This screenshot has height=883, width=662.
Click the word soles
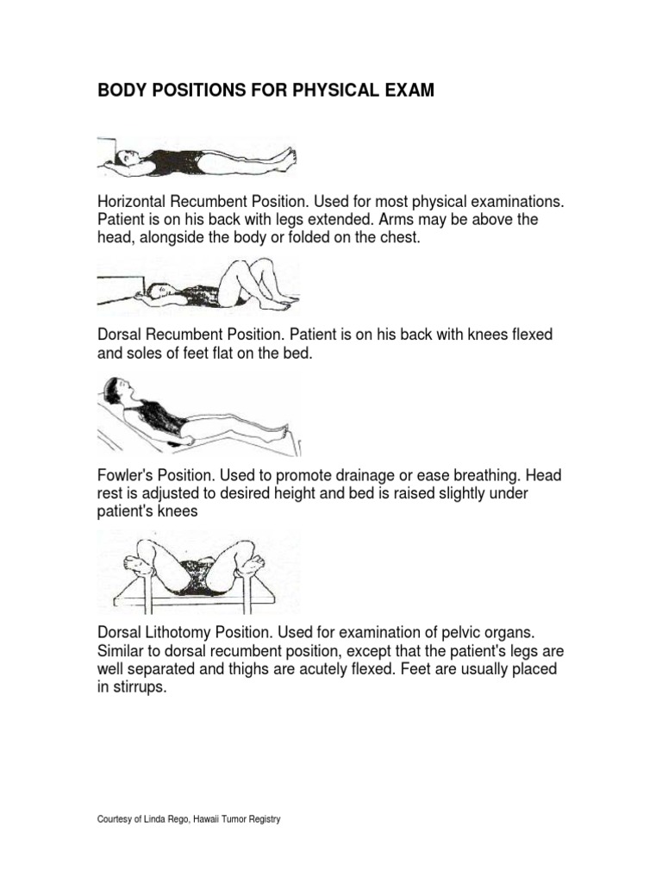pos(137,352)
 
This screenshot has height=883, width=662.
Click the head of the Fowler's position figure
pos(117,390)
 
